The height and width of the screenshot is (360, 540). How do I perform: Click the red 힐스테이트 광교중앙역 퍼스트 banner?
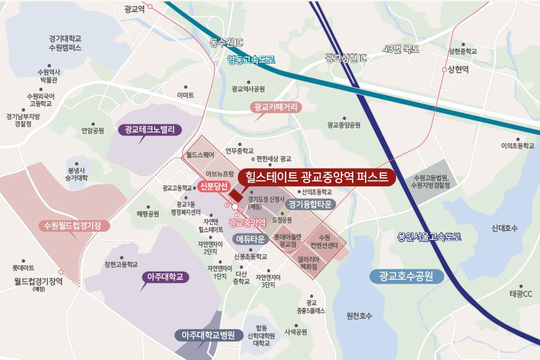point(317,177)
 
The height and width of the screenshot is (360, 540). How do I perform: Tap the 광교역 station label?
point(134,9)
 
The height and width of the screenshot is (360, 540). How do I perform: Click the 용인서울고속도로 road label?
point(429,237)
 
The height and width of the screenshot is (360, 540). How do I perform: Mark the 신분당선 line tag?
point(213,186)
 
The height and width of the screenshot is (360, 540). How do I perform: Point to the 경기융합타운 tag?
point(310,204)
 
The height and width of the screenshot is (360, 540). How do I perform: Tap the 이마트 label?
point(185,95)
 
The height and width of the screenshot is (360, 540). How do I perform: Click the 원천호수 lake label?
point(359,316)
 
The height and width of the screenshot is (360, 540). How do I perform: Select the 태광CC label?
point(520,294)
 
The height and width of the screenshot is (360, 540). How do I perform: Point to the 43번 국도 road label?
point(400,49)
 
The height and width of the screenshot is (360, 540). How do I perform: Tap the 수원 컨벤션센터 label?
point(325,242)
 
